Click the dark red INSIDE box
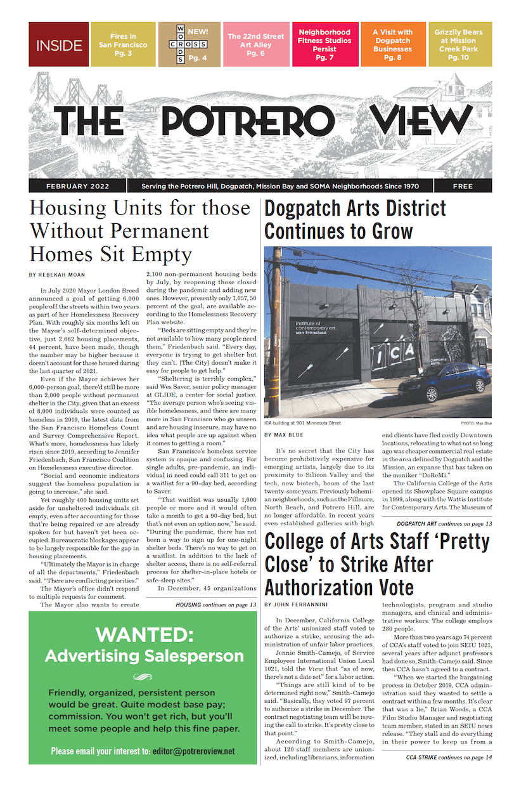tap(58, 44)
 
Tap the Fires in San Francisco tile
tap(123, 44)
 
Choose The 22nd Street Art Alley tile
tap(255, 44)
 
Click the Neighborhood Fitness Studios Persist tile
tap(324, 44)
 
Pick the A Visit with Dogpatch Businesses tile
tap(392, 44)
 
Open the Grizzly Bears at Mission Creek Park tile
tap(458, 44)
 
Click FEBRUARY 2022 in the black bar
tap(77, 187)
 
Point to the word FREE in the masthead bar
tap(462, 187)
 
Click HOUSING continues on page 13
tap(215, 605)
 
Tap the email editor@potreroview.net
tap(193, 751)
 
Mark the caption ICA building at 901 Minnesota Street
tap(303, 423)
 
